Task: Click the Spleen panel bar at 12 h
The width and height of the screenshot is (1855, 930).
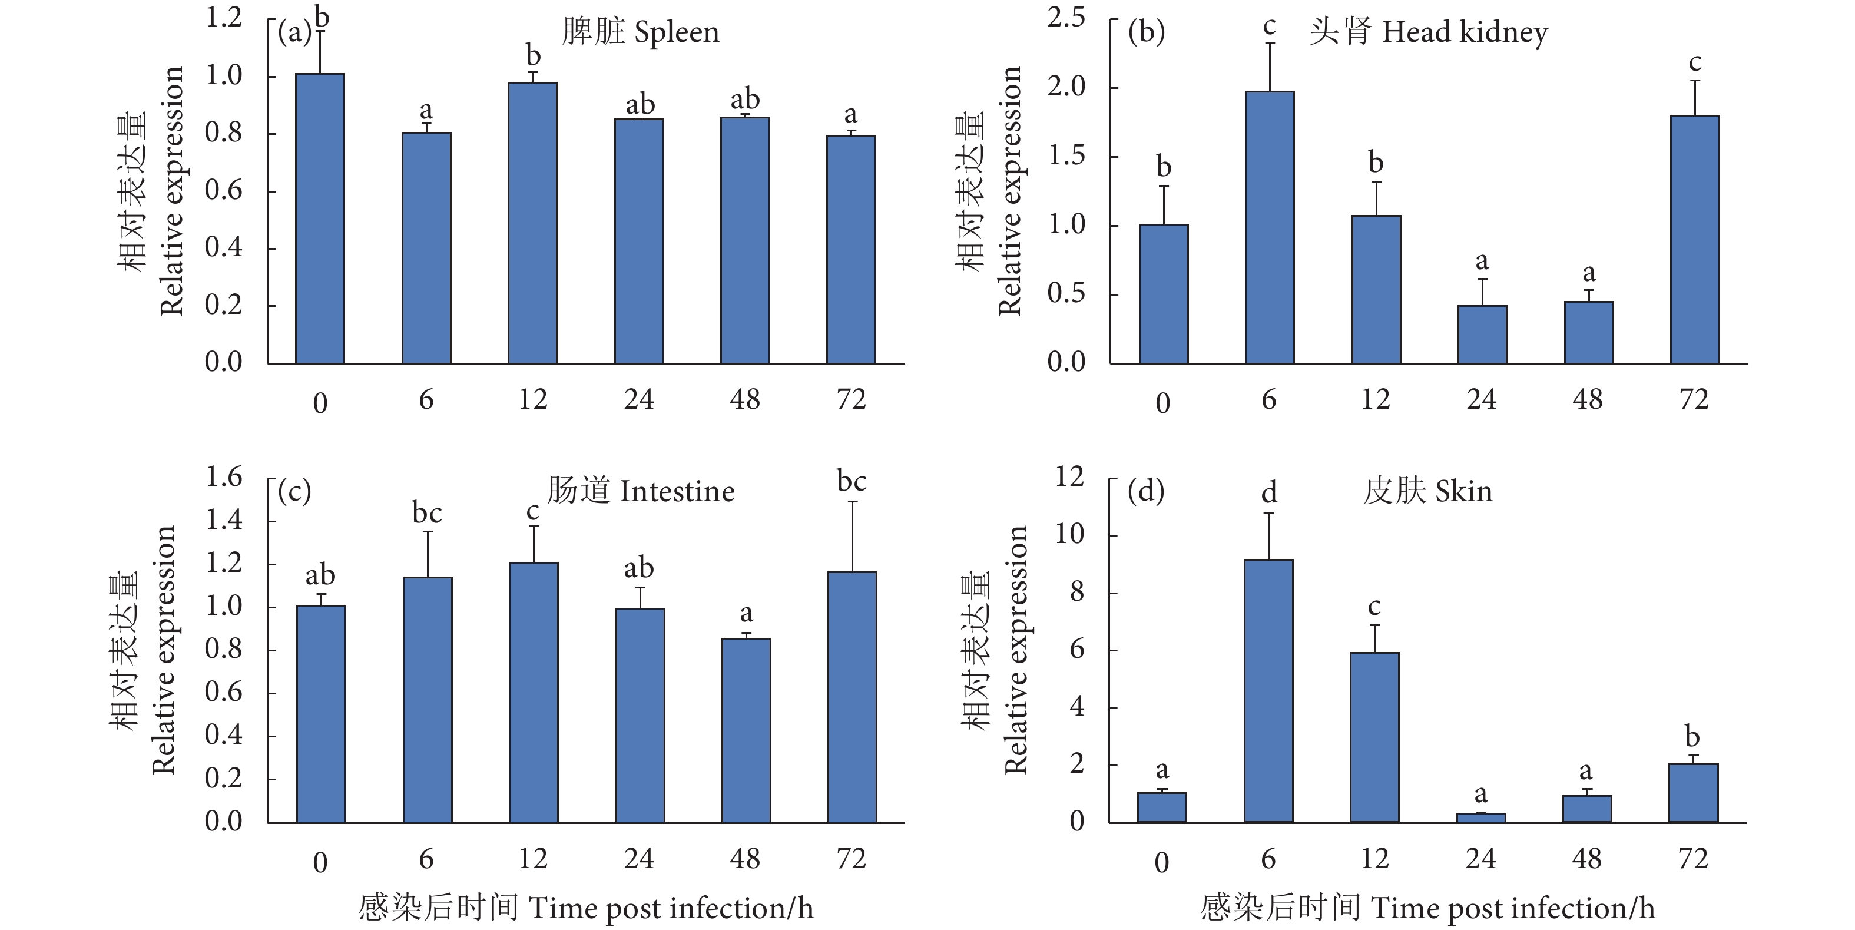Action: pyautogui.click(x=532, y=223)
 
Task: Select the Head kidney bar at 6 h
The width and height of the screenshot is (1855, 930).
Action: pyautogui.click(x=1270, y=227)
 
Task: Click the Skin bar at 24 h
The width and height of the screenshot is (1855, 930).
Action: pyautogui.click(x=1480, y=818)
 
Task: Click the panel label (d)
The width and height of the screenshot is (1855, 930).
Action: pyautogui.click(x=1146, y=491)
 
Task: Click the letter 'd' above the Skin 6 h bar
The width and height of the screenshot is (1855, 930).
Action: pyautogui.click(x=1269, y=494)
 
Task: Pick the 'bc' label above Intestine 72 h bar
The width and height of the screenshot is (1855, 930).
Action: pyautogui.click(x=851, y=481)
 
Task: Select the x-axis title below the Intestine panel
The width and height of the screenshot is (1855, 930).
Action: pyautogui.click(x=585, y=908)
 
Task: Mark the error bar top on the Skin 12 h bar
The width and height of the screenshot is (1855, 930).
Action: pyautogui.click(x=1374, y=625)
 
